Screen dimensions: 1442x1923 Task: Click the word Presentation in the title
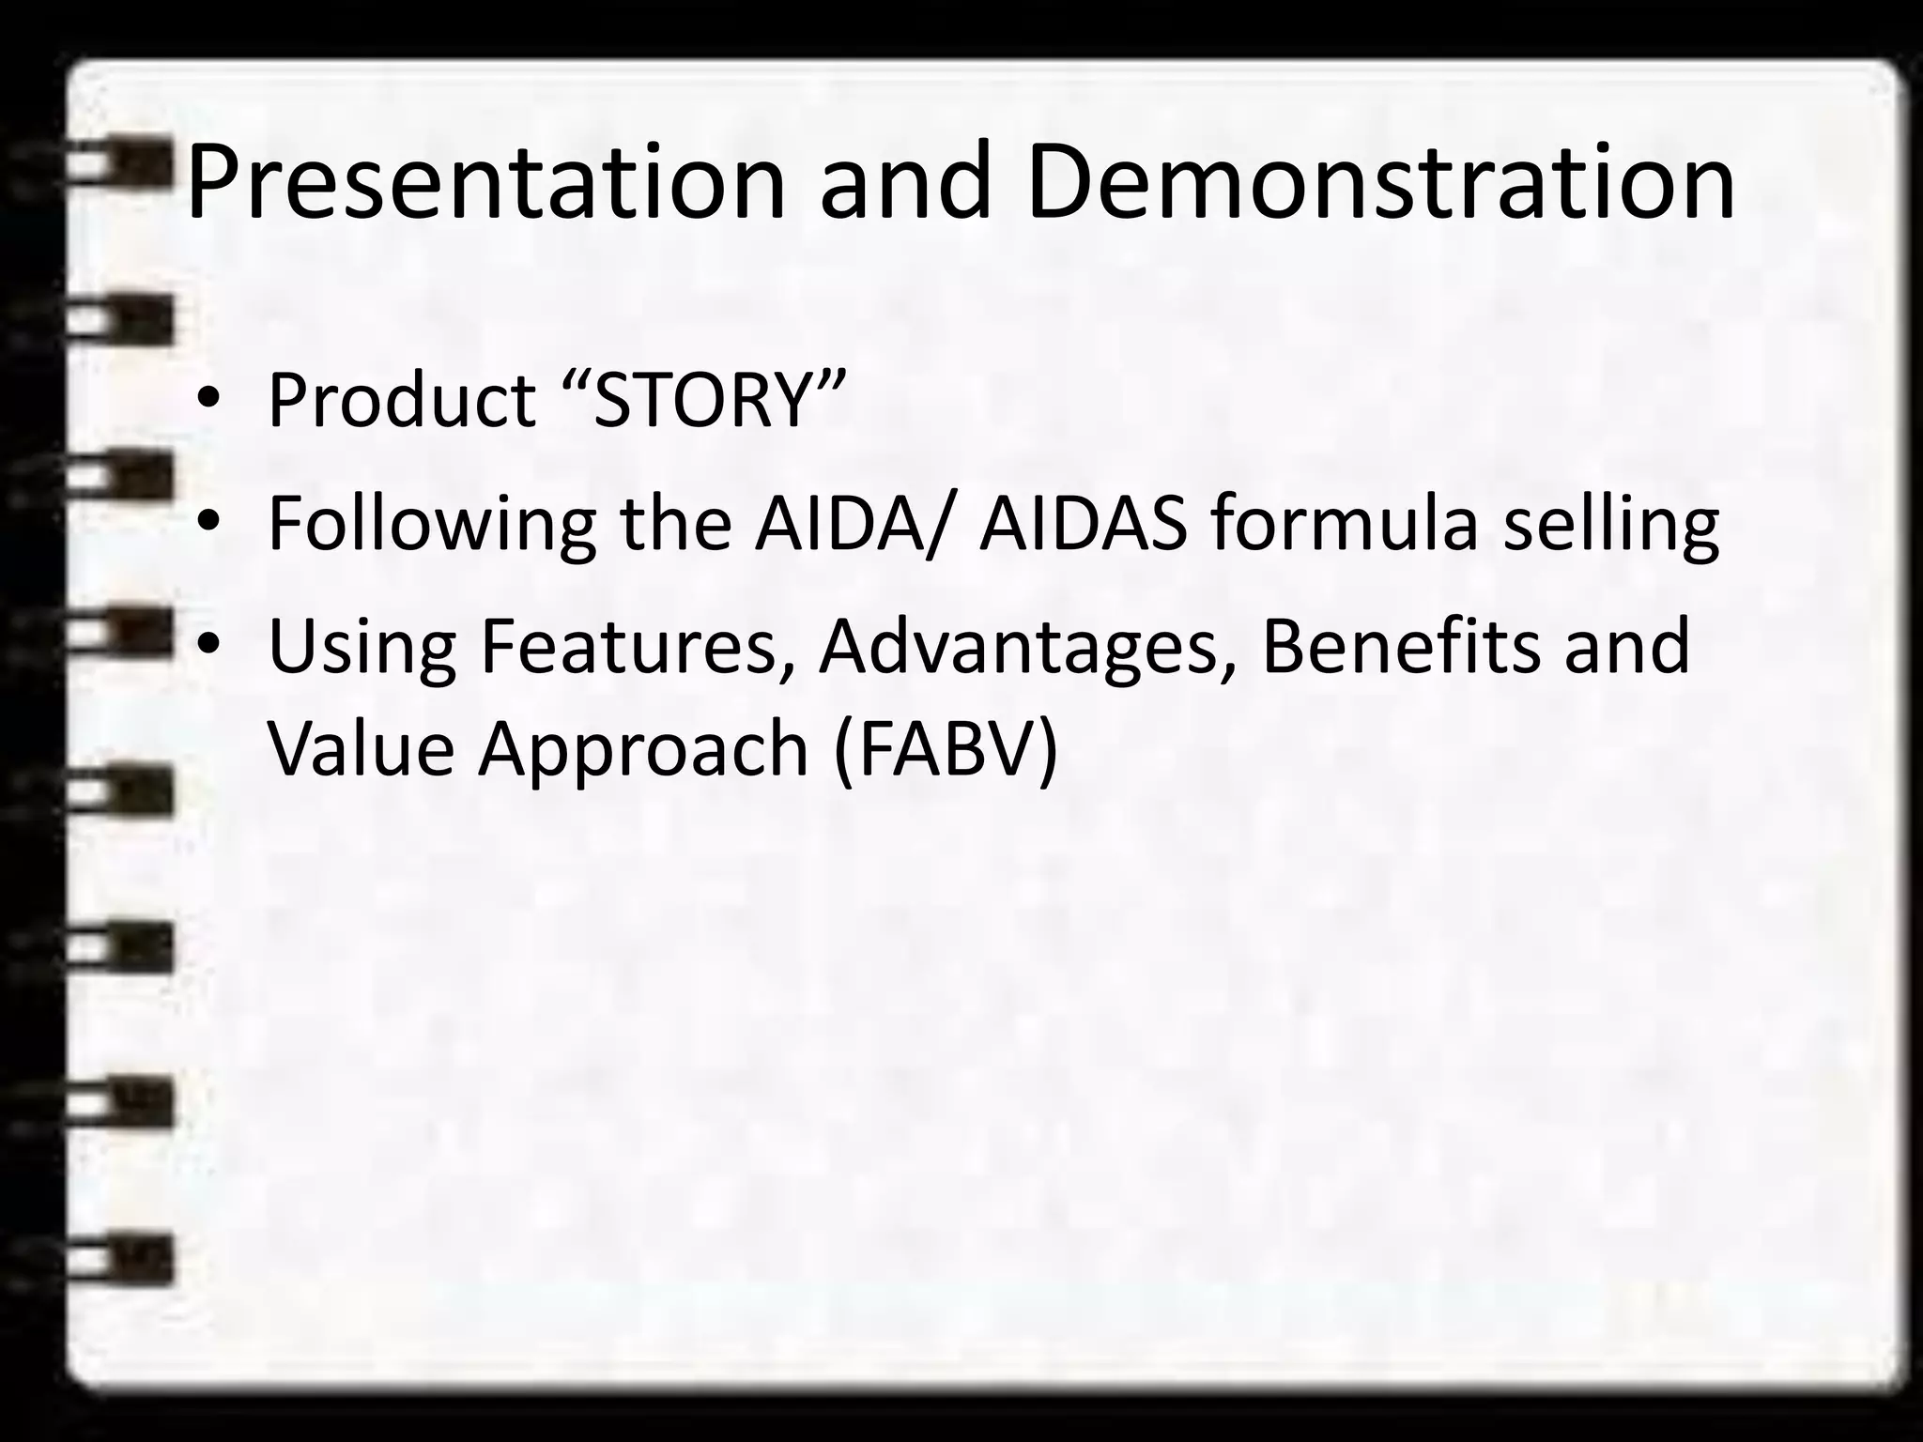point(485,183)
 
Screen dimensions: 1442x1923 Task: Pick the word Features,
point(638,648)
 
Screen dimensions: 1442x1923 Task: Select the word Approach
point(643,751)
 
